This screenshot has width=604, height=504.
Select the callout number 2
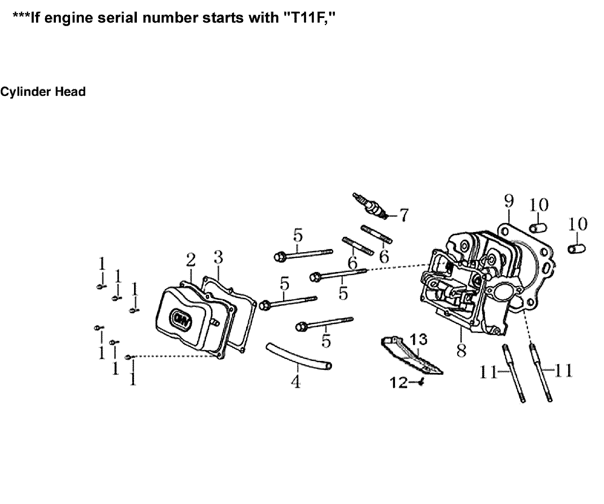(191, 260)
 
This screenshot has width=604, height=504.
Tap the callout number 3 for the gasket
(218, 258)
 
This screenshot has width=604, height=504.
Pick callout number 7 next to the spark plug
(403, 214)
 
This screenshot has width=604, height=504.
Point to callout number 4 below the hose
(296, 382)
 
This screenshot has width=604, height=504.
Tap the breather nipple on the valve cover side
(215, 322)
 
